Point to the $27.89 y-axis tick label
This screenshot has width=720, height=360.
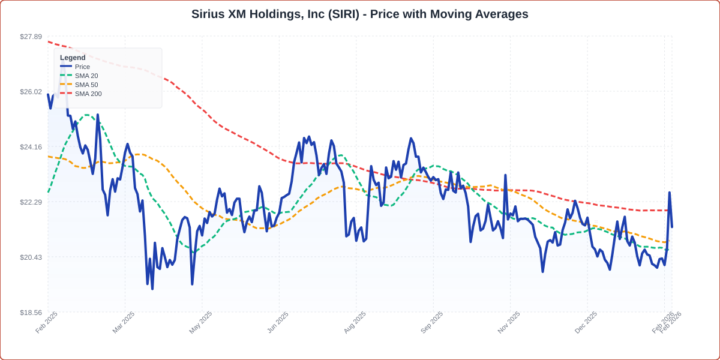click(x=31, y=37)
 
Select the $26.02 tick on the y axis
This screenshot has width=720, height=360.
click(x=31, y=92)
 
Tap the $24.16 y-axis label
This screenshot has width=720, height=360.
click(x=31, y=147)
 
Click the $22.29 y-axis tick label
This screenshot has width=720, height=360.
click(x=31, y=202)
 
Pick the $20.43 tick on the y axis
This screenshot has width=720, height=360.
click(x=31, y=257)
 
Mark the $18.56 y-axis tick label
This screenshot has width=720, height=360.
click(x=31, y=313)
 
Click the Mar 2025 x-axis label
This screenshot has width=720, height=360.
click(x=124, y=322)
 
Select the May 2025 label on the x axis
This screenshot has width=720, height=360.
click(x=200, y=322)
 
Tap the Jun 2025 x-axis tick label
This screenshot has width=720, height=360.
click(x=278, y=322)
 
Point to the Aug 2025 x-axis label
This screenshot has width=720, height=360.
click(x=355, y=322)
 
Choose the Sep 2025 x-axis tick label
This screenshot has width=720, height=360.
click(x=432, y=322)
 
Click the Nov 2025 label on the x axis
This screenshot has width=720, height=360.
click(x=509, y=322)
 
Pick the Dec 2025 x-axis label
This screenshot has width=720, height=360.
click(x=586, y=322)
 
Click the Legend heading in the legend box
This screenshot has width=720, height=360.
click(x=73, y=58)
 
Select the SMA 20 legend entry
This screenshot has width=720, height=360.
click(x=86, y=76)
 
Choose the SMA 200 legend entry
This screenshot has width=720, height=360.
click(x=88, y=94)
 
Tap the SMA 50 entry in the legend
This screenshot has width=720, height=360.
click(x=86, y=85)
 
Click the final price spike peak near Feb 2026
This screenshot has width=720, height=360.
click(x=669, y=193)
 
